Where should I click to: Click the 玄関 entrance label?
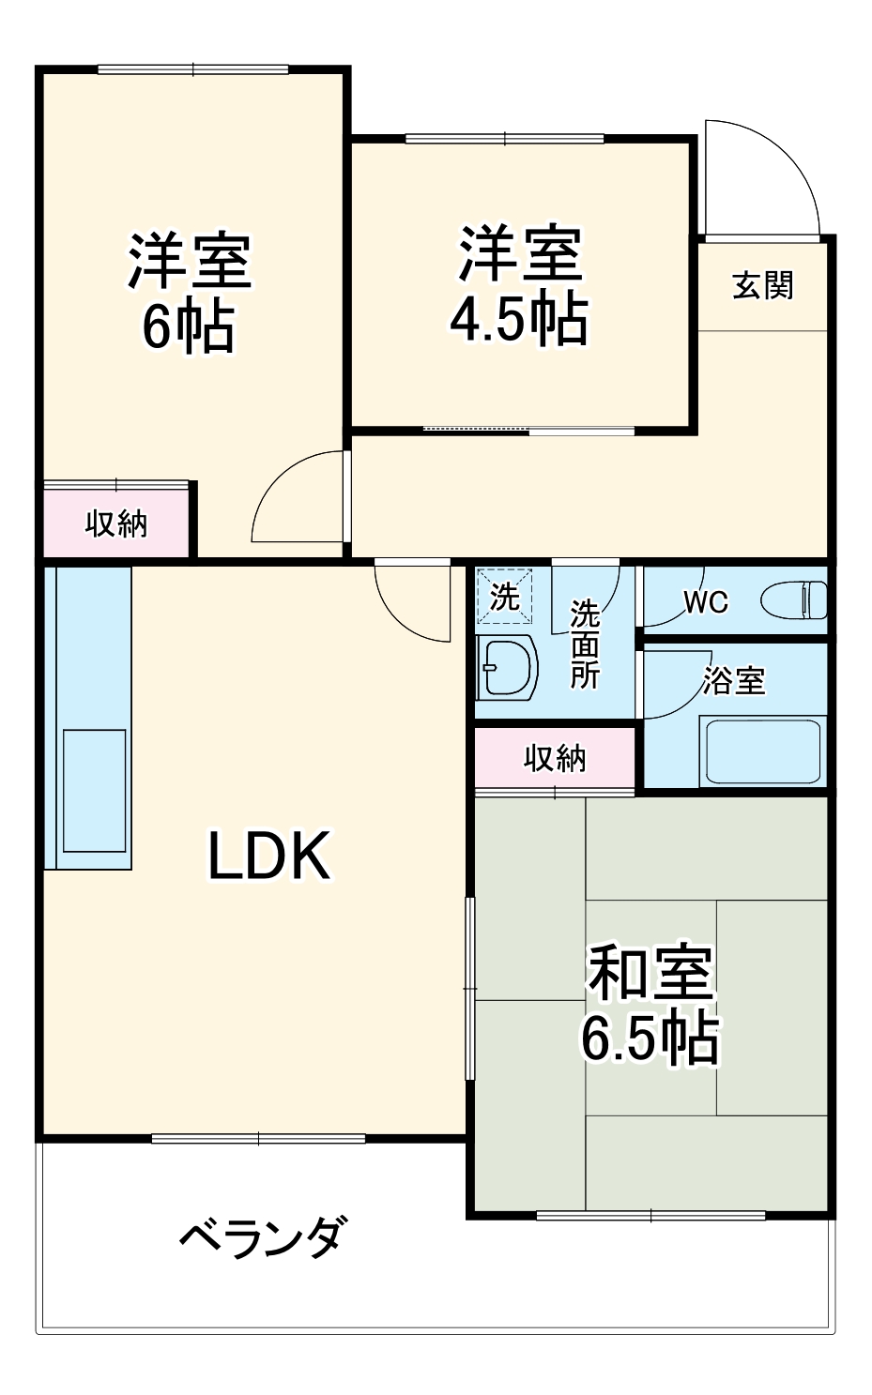(762, 285)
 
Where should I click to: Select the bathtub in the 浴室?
(762, 751)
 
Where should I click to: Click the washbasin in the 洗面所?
(507, 668)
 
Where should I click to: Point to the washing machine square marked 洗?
(505, 597)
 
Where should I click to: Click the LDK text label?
(268, 857)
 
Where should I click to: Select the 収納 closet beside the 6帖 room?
(116, 523)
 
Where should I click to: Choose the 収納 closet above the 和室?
(555, 758)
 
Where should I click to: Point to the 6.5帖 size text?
(650, 1039)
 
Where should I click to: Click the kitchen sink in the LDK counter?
(94, 791)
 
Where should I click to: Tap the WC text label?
(705, 601)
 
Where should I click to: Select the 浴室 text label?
(733, 680)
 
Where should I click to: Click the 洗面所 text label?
(584, 644)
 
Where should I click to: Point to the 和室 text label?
(650, 973)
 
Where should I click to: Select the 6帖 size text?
(188, 326)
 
